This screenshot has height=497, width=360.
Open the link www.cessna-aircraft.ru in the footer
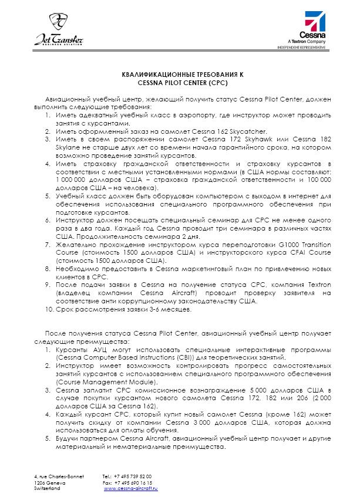click(x=132, y=488)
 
